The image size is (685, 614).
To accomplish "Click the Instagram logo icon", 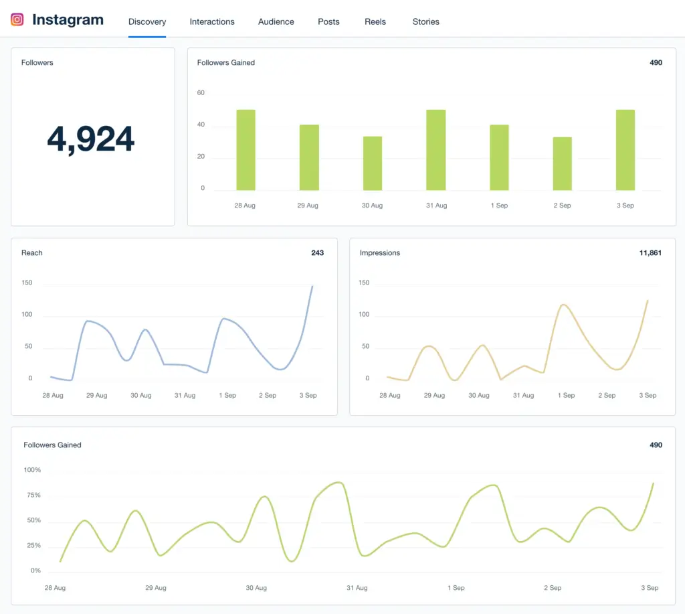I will point(17,19).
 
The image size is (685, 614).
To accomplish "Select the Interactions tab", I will point(212,21).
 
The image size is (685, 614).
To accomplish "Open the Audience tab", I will point(276,21).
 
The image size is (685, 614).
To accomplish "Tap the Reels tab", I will point(375,21).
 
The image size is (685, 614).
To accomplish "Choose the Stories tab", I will point(425,21).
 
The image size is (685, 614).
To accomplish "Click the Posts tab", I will point(328,21).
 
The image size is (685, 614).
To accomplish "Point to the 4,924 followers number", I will point(91,139).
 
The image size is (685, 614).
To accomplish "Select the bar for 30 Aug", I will point(373,163).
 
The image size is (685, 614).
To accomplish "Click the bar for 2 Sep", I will point(562,164).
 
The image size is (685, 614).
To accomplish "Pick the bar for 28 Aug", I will point(246,150).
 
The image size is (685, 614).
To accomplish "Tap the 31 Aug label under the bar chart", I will point(436,206).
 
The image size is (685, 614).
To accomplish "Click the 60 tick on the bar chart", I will point(201,93).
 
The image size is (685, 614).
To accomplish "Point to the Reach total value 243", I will point(317,252).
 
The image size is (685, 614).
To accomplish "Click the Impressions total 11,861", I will point(650,252).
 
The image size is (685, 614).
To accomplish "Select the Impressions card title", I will point(380,252).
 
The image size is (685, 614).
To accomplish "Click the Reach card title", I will point(32,252).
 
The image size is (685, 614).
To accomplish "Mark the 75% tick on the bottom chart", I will point(32,495).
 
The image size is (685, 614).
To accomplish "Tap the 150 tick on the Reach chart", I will point(27,283).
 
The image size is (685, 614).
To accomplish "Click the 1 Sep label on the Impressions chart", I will point(566,396).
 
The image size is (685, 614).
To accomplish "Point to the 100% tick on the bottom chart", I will point(32,470).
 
